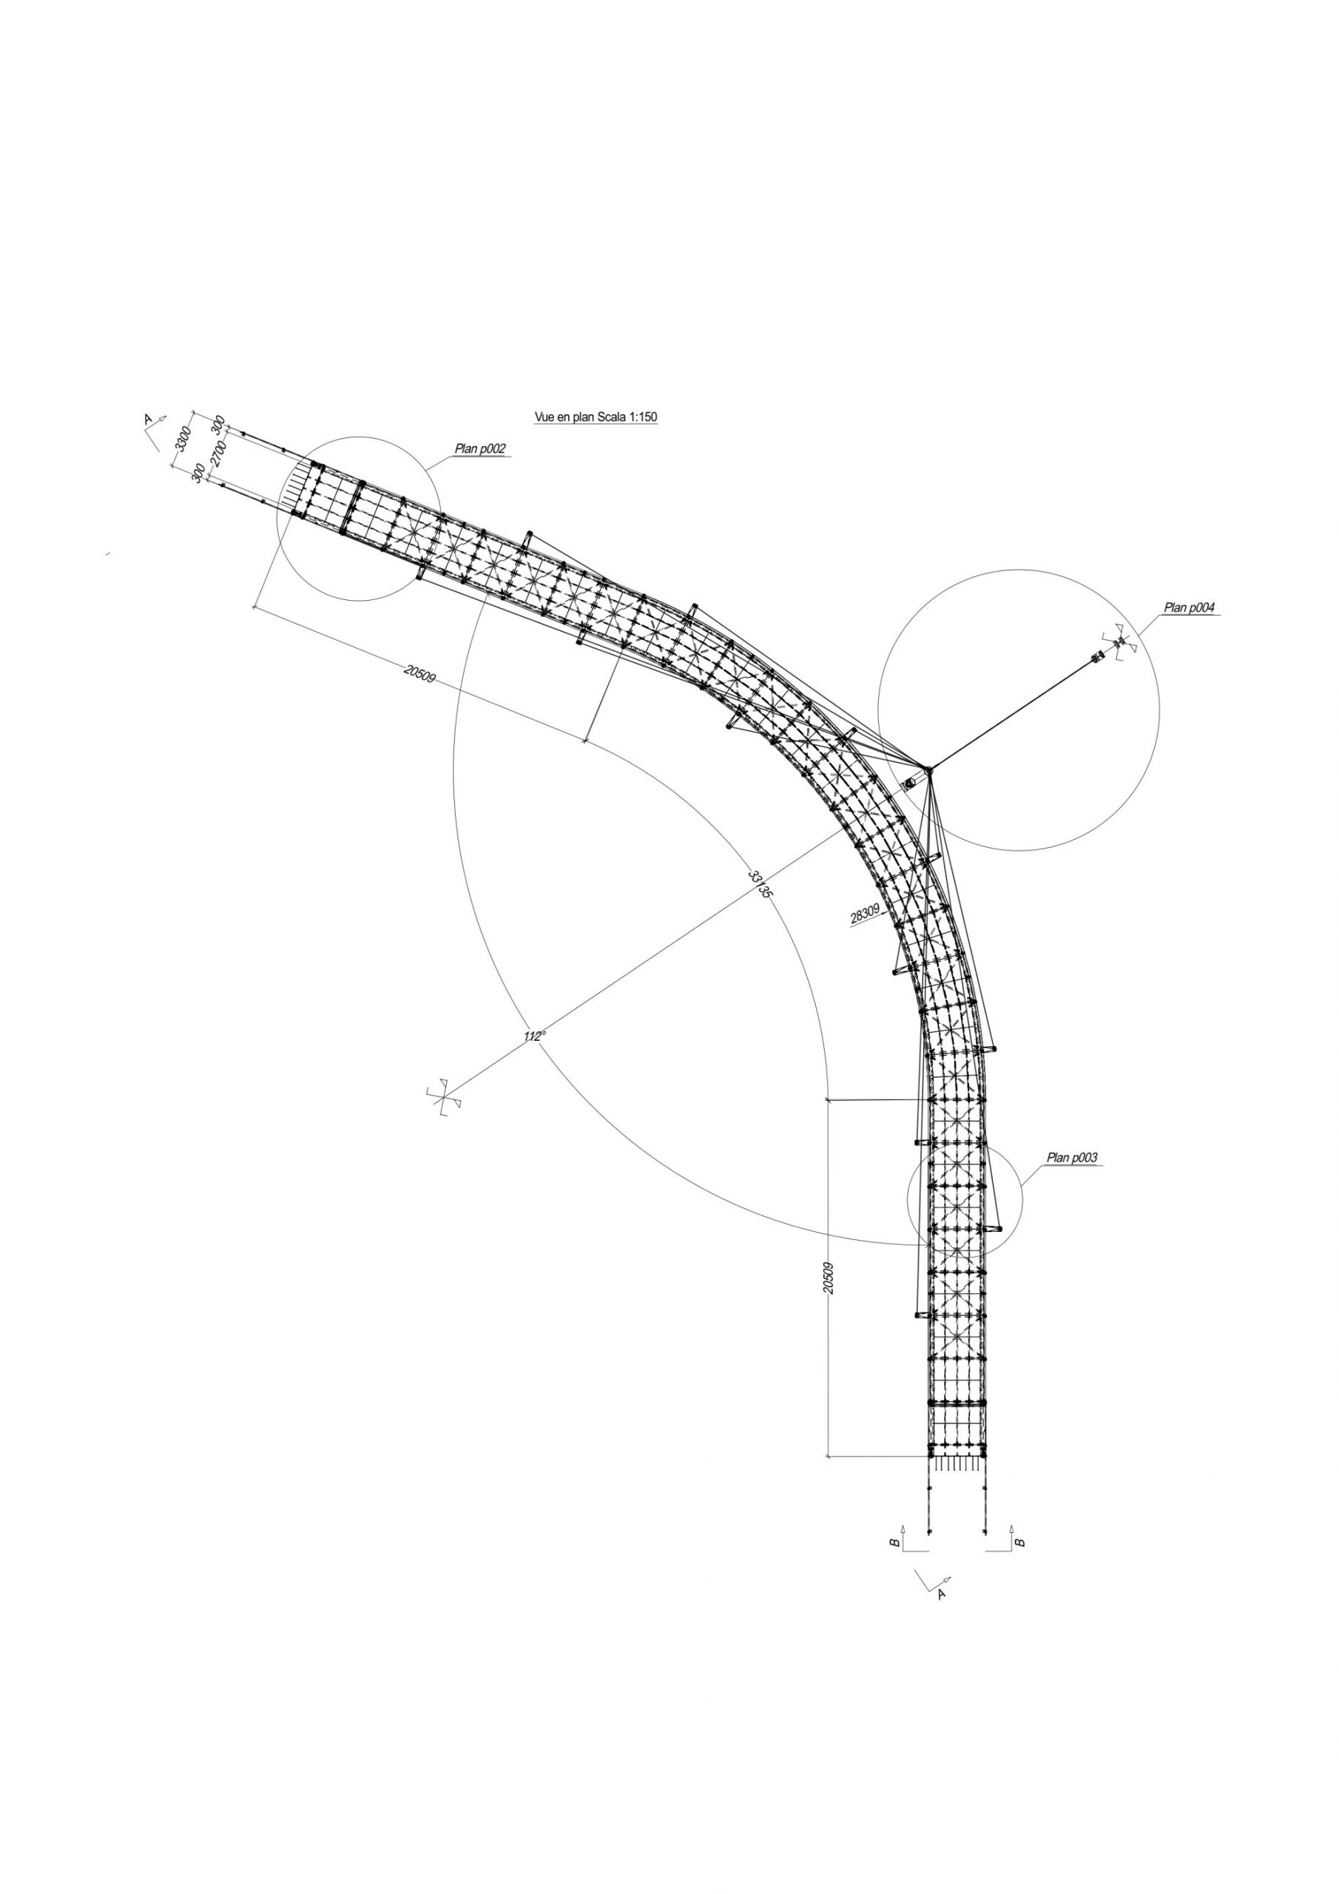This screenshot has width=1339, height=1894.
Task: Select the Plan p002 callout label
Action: click(479, 450)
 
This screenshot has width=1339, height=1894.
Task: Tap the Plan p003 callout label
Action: click(1072, 1158)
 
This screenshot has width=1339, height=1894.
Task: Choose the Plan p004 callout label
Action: click(1190, 608)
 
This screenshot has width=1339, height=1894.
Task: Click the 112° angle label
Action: click(535, 1035)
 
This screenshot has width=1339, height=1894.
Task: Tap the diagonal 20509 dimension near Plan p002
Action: click(419, 673)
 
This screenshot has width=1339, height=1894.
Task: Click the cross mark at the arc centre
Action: click(443, 1096)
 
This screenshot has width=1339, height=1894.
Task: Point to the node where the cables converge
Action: click(928, 769)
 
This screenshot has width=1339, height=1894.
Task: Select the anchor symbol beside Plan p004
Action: click(1119, 641)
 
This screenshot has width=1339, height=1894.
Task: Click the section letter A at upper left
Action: click(149, 419)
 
